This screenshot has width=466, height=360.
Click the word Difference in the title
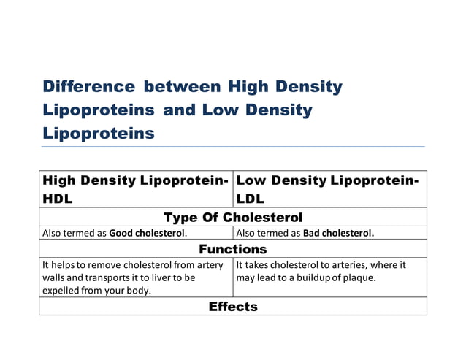(89, 87)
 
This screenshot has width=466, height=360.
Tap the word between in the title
(182, 87)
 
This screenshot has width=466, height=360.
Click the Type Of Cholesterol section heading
(232, 218)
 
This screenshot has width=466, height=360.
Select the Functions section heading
(232, 250)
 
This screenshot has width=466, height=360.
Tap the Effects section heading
(232, 307)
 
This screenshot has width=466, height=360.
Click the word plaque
(358, 278)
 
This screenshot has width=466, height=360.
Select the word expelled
(62, 291)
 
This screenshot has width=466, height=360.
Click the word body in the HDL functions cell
(141, 291)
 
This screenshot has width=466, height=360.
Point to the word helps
(63, 265)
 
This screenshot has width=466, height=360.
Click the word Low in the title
(216, 110)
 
